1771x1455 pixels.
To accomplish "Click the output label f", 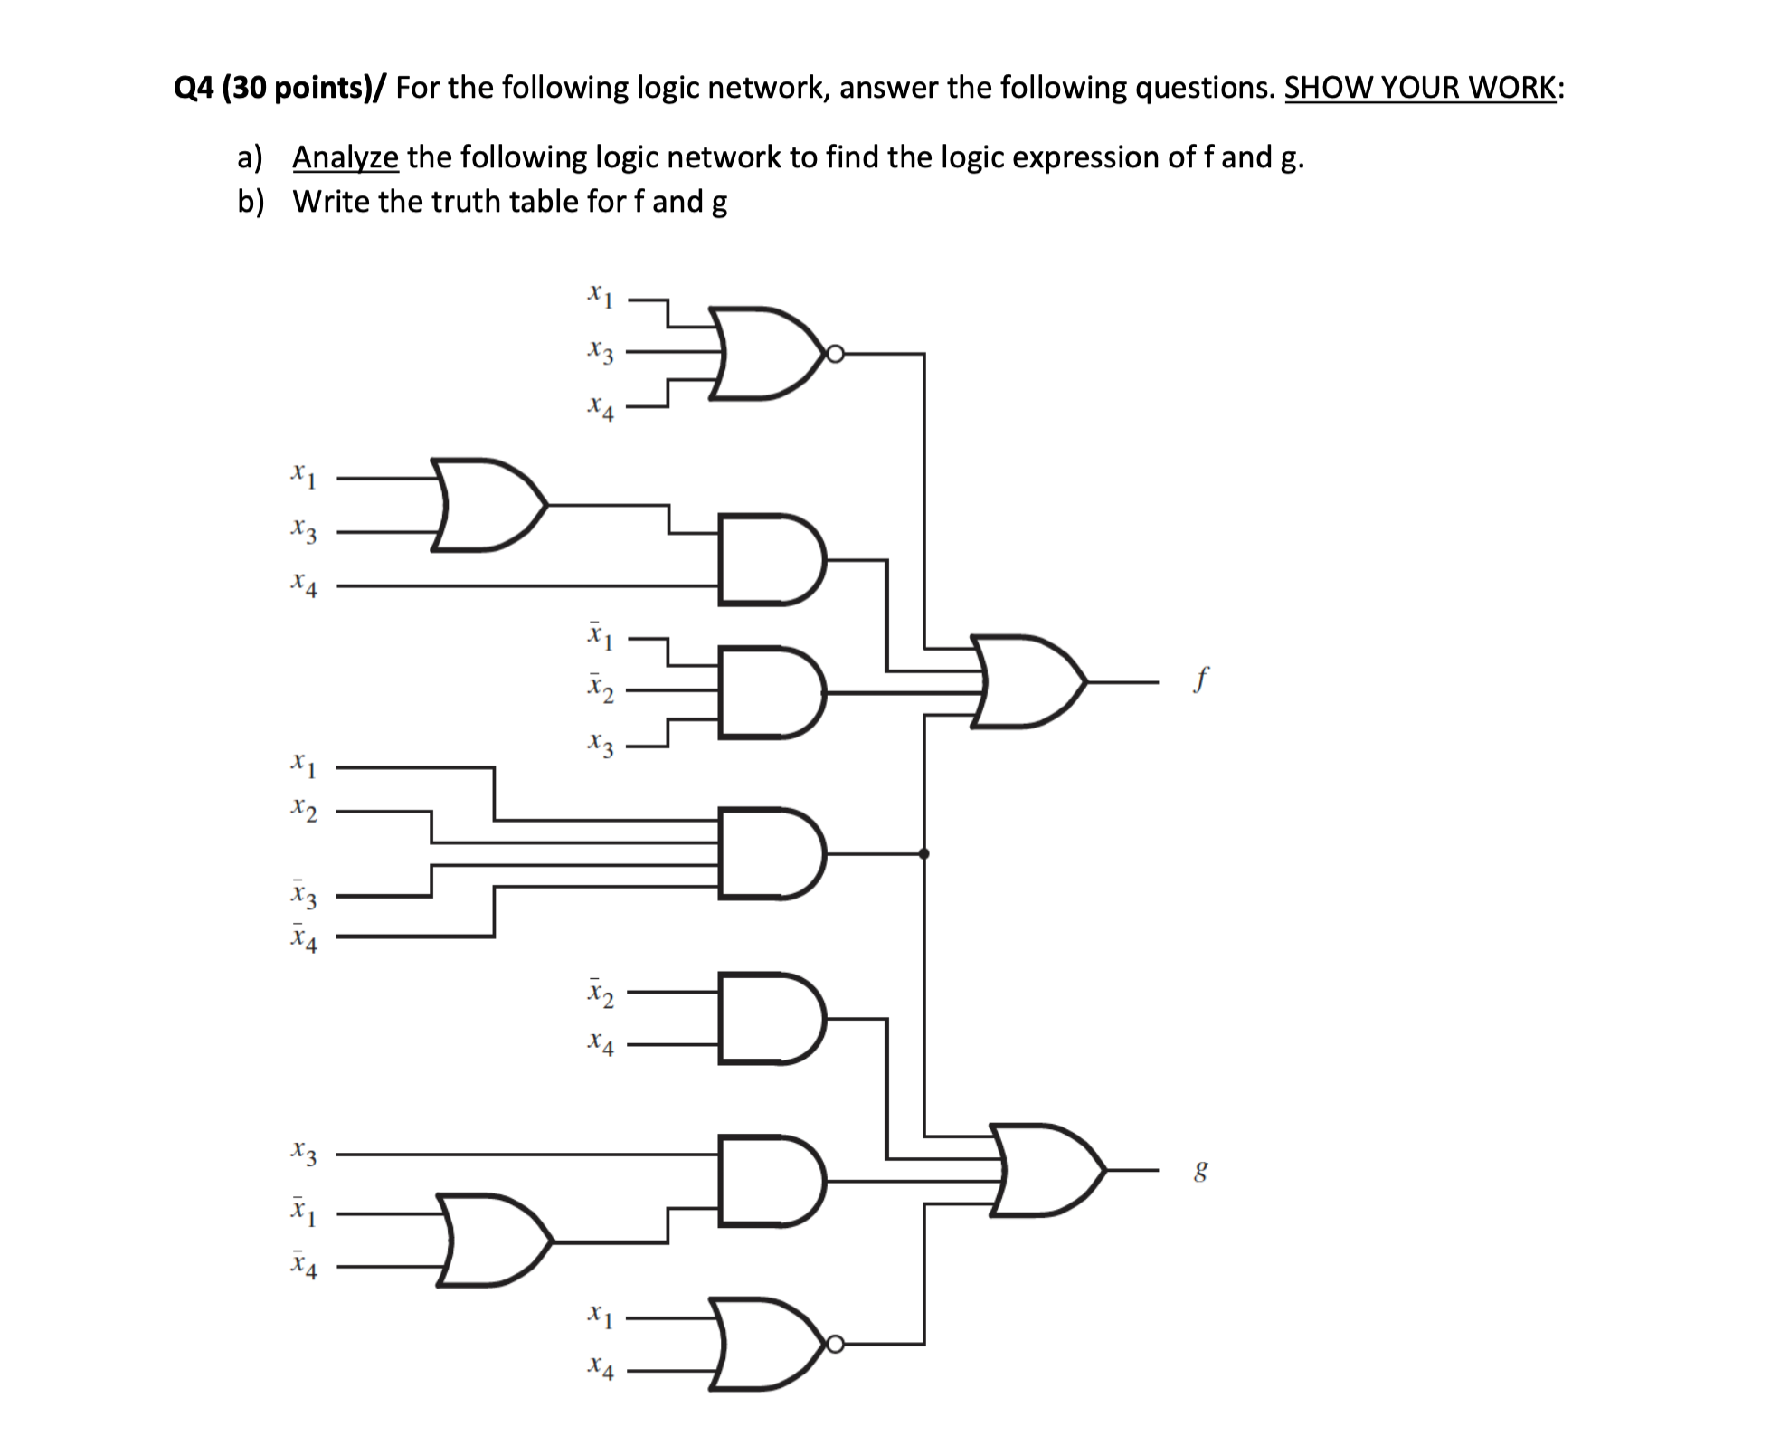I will (1200, 679).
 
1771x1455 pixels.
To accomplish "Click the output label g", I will (1200, 1173).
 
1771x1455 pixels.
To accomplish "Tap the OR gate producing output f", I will (1027, 681).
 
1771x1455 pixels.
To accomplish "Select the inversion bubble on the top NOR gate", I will (835, 354).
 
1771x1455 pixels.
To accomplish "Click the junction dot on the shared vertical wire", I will (923, 852).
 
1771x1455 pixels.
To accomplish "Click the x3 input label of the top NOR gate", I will (600, 352).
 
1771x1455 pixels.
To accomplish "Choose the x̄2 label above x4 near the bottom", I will (600, 993).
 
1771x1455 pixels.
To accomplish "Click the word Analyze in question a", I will (345, 157).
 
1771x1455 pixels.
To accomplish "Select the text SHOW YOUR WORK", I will (1421, 88).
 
